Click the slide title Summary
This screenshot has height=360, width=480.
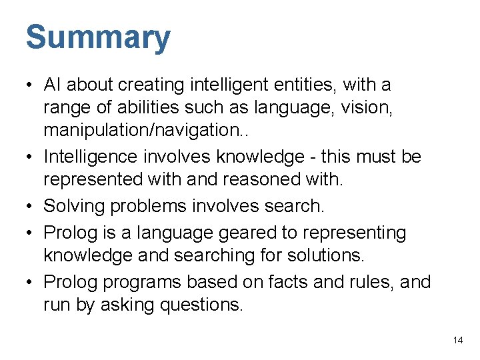[x=98, y=38]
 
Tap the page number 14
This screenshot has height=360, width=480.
[x=457, y=340]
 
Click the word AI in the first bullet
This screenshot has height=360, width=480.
[x=53, y=85]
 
